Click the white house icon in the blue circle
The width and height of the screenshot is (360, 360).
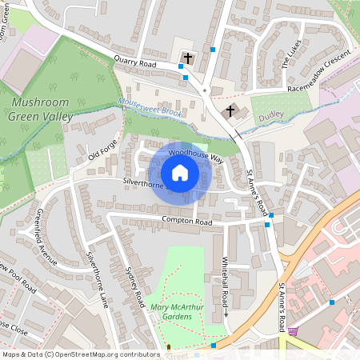(180, 173)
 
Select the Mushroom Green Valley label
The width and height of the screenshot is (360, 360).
(41, 109)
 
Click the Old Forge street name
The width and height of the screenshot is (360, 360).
(102, 148)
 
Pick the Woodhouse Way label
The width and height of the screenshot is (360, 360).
(195, 154)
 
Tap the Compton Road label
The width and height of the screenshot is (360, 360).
(186, 221)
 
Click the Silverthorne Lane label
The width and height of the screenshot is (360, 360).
(97, 279)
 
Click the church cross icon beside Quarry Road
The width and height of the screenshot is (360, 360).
(189, 58)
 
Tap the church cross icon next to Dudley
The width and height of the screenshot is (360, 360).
(231, 110)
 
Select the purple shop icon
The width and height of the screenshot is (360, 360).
(293, 331)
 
